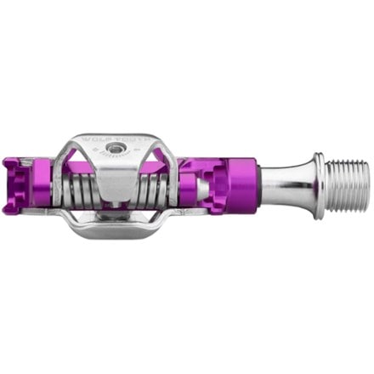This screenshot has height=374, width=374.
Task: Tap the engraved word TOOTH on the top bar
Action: coord(135,137)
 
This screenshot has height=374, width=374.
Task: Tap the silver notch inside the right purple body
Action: coord(207,186)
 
